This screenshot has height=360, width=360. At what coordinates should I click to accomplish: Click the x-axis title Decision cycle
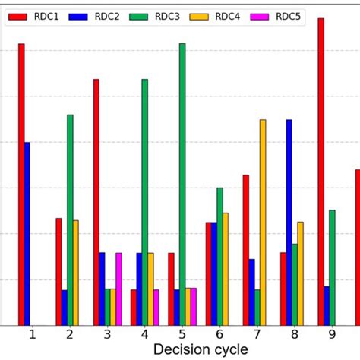pyautogui.click(x=201, y=349)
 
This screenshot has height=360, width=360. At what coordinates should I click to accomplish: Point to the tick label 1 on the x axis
pyautogui.click(x=32, y=334)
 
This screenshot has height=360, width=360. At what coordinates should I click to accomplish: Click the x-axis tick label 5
pyautogui.click(x=182, y=334)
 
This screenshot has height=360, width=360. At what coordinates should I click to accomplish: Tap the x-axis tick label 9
pyautogui.click(x=332, y=334)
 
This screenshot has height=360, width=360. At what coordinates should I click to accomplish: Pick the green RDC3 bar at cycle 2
pyautogui.click(x=70, y=220)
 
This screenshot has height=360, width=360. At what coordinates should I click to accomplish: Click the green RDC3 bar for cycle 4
pyautogui.click(x=145, y=202)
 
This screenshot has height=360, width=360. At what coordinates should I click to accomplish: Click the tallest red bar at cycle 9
pyautogui.click(x=321, y=172)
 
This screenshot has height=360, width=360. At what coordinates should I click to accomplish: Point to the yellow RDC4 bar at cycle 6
pyautogui.click(x=226, y=269)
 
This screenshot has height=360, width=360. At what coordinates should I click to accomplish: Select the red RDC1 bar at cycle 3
pyautogui.click(x=96, y=202)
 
